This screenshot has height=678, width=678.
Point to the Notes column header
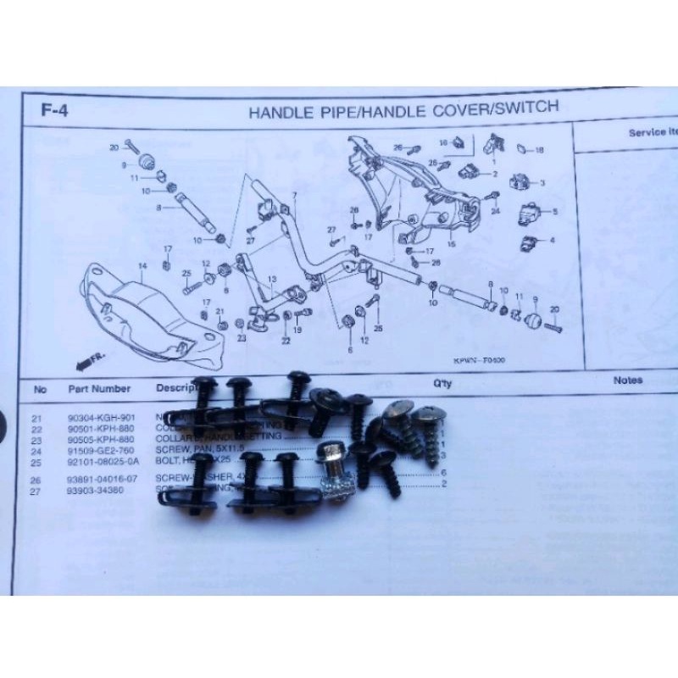point(628,381)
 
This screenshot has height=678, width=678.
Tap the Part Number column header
point(99,389)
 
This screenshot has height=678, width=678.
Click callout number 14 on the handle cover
point(142,266)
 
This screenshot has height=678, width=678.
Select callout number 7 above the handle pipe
point(294,196)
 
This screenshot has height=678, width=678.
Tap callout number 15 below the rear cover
point(452,244)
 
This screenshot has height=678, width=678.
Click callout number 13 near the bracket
point(271,279)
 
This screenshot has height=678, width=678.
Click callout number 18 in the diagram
point(540,150)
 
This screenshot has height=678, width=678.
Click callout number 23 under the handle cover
point(242,338)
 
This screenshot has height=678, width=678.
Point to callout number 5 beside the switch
point(555,211)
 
